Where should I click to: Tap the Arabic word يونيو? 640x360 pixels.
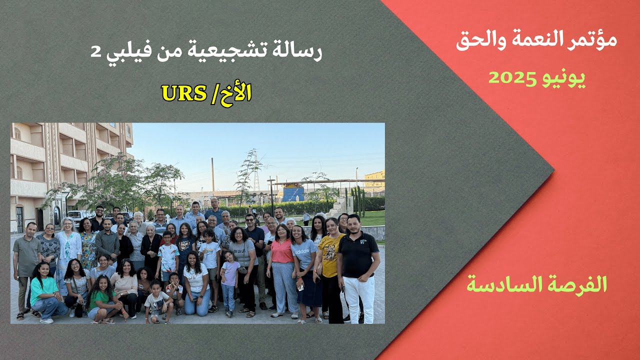(564, 78)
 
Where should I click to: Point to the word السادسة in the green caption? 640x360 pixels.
(500, 284)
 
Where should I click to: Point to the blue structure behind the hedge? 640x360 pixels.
(293, 193)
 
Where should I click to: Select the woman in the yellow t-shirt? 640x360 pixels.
(330, 255)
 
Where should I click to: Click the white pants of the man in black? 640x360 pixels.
(359, 297)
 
